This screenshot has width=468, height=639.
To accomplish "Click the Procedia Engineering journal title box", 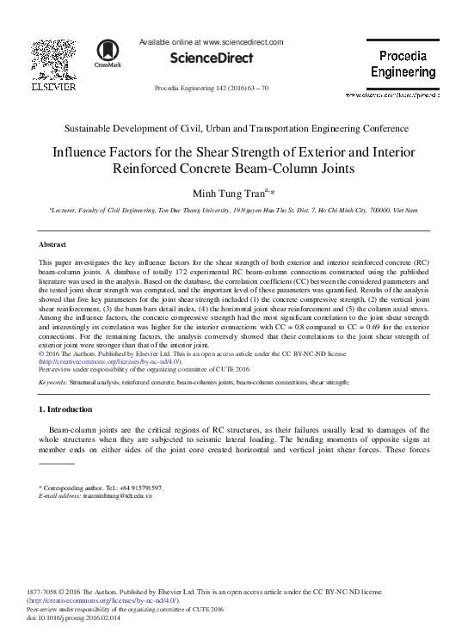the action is tap(408, 64).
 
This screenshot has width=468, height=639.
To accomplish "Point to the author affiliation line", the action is tap(234, 209).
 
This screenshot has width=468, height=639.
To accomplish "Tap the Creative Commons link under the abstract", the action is tap(108, 362).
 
